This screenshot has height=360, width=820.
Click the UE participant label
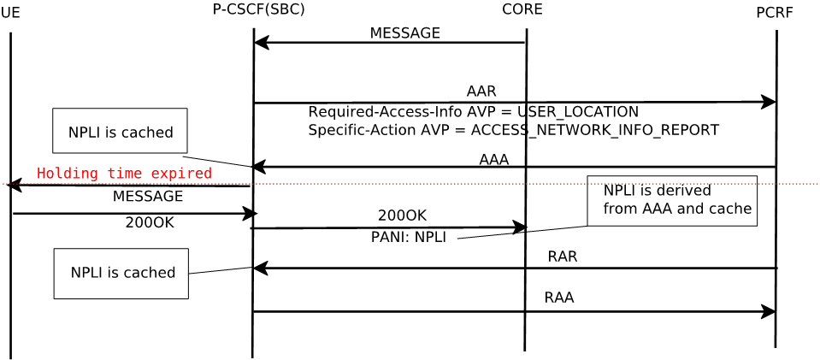coord(10,13)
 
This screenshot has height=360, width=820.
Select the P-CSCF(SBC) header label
coord(258,9)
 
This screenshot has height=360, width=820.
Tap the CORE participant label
coord(522,9)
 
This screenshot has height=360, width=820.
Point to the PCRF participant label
coord(774,13)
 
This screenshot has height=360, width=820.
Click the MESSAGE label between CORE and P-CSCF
coord(404,33)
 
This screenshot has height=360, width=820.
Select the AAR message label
coord(481,91)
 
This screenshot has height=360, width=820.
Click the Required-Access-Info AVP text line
coord(473,112)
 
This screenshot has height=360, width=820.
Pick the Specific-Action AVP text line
coord(513,130)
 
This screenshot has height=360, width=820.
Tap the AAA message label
coord(493,160)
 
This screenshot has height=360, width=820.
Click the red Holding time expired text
coord(124,174)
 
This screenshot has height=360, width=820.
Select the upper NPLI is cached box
coord(120,131)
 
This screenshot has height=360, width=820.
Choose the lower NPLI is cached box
coord(121,273)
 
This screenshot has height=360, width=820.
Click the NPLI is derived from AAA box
coord(672,201)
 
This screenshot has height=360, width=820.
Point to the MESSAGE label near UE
coord(148,197)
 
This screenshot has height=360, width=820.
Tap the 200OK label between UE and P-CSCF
coord(150,223)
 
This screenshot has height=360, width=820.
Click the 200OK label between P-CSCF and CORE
coord(402,215)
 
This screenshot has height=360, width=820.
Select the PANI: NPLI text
coord(409,238)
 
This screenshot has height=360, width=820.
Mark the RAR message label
coord(562,257)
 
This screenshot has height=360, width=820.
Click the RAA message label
coord(558,298)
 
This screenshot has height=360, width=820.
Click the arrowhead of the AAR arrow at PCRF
coord(769,102)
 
